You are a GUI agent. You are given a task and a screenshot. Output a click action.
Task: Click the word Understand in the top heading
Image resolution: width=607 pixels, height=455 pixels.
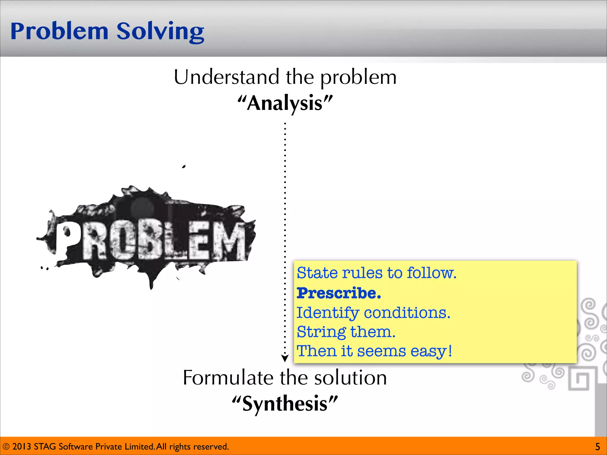(226, 77)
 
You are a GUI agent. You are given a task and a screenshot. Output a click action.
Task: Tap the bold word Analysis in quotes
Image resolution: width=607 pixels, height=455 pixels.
(285, 103)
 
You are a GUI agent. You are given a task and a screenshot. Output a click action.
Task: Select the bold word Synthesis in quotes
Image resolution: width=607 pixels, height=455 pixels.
(285, 404)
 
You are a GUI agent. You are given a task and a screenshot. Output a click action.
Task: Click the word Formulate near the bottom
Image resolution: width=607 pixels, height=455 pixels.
(228, 378)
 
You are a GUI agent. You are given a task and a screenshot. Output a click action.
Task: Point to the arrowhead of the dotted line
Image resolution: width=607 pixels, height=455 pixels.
(285, 358)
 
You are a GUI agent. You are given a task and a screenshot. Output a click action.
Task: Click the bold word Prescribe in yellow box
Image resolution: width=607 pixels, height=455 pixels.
(338, 293)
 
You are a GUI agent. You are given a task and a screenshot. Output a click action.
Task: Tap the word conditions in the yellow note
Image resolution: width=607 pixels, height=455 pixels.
(407, 313)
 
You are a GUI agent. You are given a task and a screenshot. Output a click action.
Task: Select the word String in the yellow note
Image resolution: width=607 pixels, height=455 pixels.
(321, 332)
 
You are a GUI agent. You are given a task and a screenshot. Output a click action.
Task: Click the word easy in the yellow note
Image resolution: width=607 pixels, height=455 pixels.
(429, 352)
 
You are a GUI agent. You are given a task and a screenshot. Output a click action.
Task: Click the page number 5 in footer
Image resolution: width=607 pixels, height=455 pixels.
(598, 446)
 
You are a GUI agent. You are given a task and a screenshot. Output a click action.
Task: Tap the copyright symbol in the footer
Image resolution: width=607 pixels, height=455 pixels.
(6, 446)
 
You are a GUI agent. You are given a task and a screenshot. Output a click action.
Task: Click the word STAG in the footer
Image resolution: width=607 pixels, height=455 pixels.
(45, 446)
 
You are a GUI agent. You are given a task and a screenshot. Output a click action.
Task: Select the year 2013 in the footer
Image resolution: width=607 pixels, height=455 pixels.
(22, 446)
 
